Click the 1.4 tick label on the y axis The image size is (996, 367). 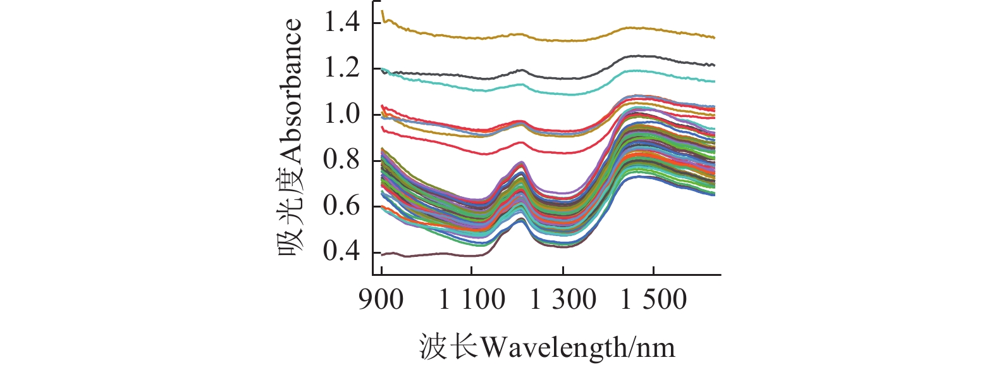click(341, 23)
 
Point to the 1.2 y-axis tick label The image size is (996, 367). click(341, 68)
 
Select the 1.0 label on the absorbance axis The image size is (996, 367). click(341, 115)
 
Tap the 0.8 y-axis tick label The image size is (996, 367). click(341, 160)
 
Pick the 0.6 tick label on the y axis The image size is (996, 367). click(341, 206)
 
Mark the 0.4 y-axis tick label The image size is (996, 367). click(341, 251)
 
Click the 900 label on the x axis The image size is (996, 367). click(381, 299)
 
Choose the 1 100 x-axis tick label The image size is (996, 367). click(472, 299)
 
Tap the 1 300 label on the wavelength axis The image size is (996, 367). click(563, 299)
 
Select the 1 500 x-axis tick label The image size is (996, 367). click(653, 299)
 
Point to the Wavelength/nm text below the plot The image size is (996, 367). click(577, 347)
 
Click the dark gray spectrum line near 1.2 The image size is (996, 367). click(443, 75)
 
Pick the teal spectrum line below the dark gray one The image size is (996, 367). click(443, 87)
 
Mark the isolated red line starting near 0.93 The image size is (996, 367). click(443, 145)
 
